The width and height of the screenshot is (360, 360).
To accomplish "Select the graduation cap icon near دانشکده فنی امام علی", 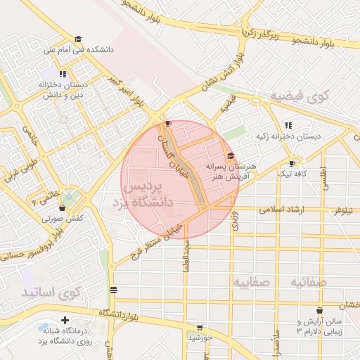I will (x=78, y=39).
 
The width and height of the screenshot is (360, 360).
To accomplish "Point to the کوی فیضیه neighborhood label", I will (x=300, y=96).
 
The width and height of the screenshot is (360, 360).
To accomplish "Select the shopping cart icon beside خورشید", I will (x=200, y=328).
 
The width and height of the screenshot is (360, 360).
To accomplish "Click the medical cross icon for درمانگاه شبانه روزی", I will (x=65, y=320).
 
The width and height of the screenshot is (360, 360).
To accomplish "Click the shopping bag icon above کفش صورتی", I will (x=62, y=208).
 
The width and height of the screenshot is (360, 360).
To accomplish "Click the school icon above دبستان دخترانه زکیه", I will (x=288, y=124).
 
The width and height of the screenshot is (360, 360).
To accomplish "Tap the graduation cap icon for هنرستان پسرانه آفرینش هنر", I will (x=231, y=156).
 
